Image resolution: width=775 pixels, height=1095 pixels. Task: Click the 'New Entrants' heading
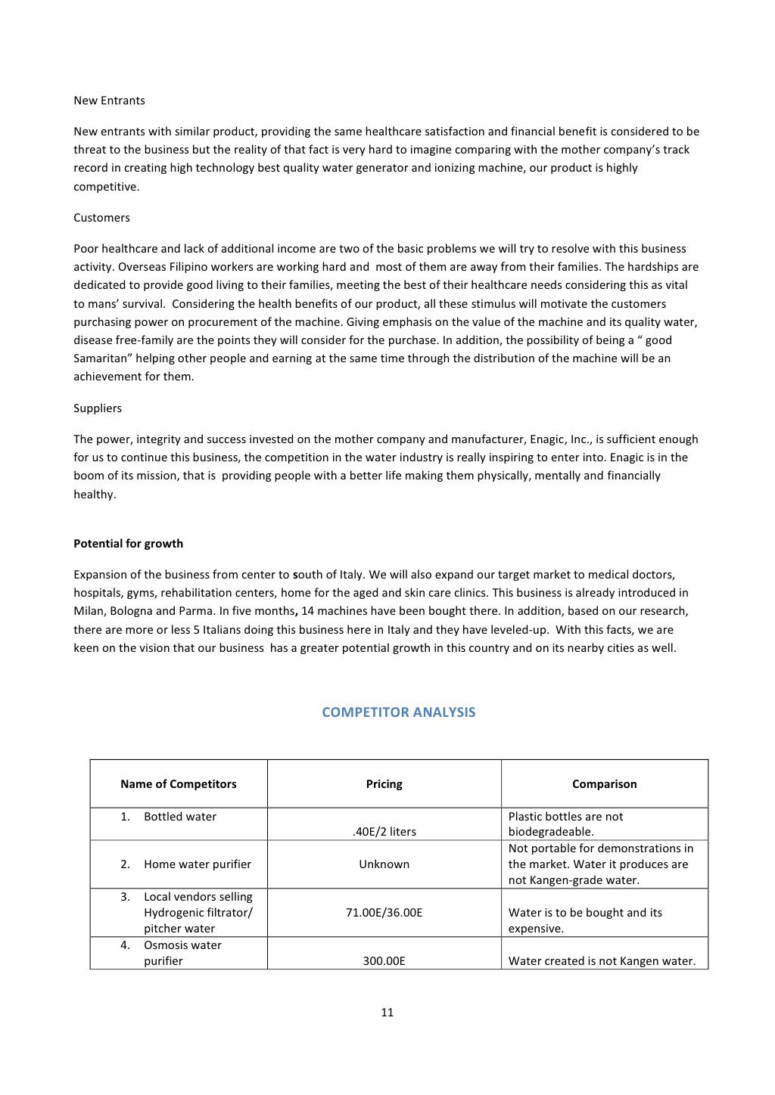click(x=109, y=101)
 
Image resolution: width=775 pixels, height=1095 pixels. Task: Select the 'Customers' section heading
click(x=101, y=218)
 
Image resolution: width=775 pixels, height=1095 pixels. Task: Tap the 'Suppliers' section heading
click(x=98, y=408)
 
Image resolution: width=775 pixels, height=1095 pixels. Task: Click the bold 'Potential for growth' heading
click(x=128, y=544)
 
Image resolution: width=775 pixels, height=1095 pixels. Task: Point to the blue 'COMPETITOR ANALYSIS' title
click(x=398, y=712)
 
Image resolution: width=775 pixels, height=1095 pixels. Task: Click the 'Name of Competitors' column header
click(x=178, y=784)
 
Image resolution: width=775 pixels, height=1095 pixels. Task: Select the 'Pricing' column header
click(x=384, y=784)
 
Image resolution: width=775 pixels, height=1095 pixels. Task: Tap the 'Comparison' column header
click(x=604, y=784)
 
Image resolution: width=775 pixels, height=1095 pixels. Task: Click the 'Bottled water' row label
click(x=180, y=817)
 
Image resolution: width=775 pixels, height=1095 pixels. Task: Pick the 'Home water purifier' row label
click(x=198, y=864)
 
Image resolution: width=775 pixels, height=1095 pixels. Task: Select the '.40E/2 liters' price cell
click(x=384, y=832)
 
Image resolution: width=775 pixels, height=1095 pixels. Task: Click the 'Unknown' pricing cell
click(x=384, y=864)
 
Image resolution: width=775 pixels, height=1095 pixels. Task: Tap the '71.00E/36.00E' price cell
click(x=384, y=913)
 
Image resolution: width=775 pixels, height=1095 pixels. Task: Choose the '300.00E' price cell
click(x=384, y=961)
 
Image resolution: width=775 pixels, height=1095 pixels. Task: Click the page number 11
click(x=387, y=1013)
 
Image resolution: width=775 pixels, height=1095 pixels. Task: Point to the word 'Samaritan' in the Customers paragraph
click(x=100, y=358)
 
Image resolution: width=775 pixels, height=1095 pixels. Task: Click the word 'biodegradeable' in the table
click(x=550, y=832)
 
